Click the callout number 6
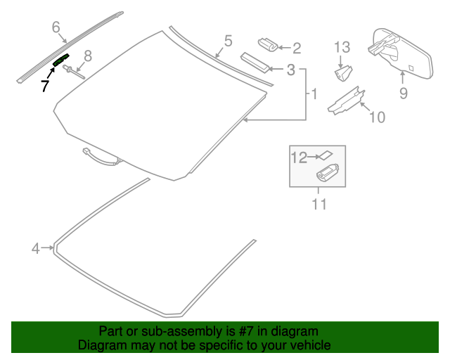[56, 27]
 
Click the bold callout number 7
[44, 86]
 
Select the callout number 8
[88, 56]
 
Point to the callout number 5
[228, 41]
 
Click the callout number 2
[296, 48]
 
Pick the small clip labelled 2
[267, 44]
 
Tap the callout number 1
[314, 93]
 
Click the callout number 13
[342, 48]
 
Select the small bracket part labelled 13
[342, 72]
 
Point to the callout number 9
[403, 93]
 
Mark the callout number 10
[377, 117]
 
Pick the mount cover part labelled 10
[347, 99]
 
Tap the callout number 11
[319, 205]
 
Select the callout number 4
[36, 247]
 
